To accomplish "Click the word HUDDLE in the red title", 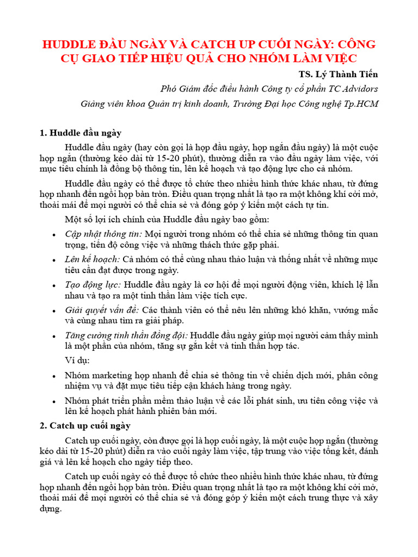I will point(70,44).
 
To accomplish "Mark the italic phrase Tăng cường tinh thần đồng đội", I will point(127,335).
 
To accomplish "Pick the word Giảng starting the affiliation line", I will point(95,103).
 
